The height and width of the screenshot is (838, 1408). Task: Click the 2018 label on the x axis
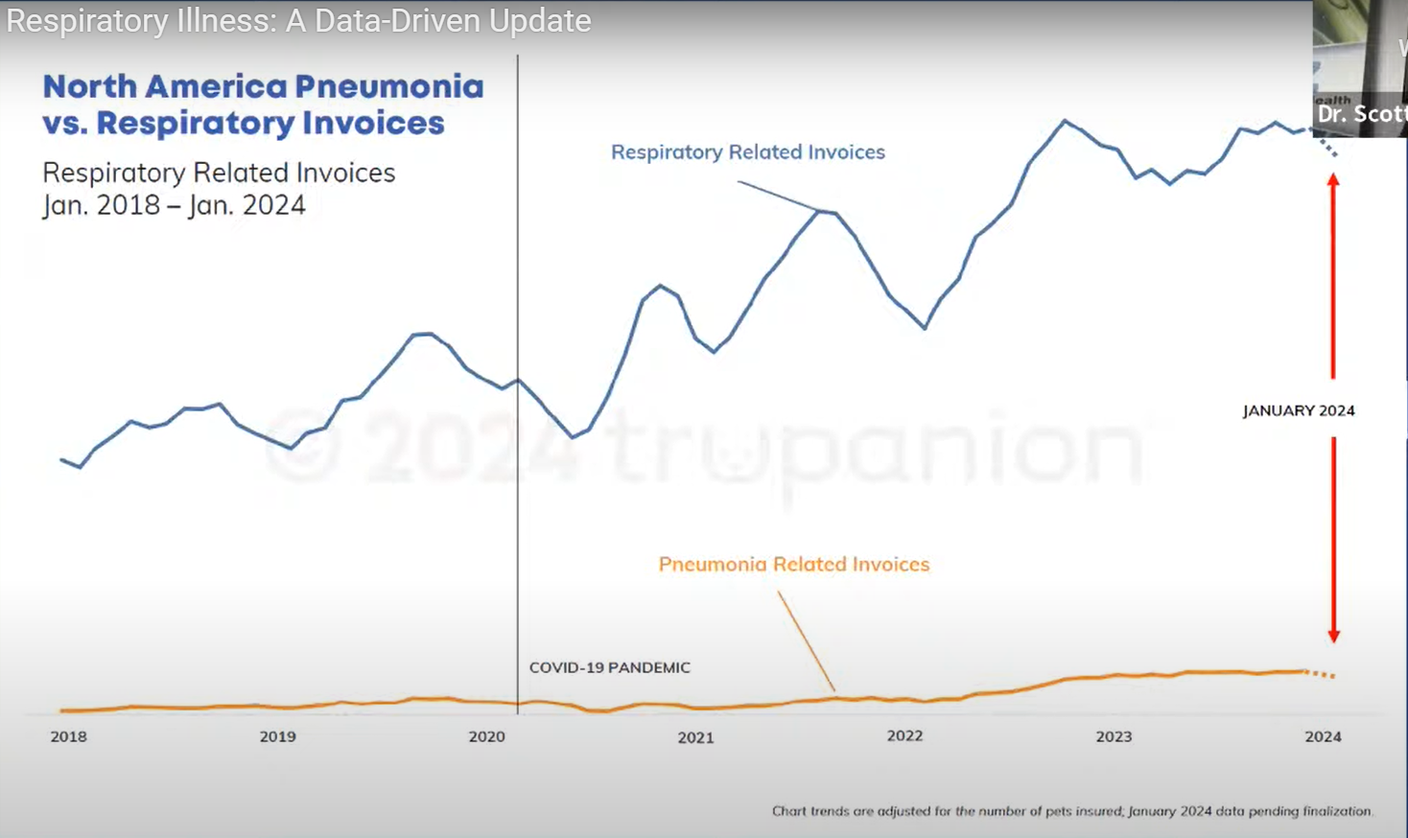[x=68, y=736]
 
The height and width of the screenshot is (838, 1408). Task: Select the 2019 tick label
[x=277, y=736]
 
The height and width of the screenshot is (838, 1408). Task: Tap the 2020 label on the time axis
[x=486, y=736]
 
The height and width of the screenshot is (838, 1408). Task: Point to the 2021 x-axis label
[x=695, y=737]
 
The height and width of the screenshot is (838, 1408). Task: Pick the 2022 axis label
[x=904, y=735]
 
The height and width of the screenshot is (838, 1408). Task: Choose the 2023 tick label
[x=1114, y=736]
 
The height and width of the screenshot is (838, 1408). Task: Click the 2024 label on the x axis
[x=1323, y=736]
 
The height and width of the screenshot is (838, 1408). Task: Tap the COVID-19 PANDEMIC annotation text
[x=609, y=667]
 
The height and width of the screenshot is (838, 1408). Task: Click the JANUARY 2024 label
[x=1299, y=410]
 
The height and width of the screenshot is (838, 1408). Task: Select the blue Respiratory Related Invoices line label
[x=747, y=152]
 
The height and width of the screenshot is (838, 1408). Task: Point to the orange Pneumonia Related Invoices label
[x=793, y=565]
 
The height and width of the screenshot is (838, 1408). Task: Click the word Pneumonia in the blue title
[x=388, y=86]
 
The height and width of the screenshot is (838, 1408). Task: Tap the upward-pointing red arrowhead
[x=1333, y=180]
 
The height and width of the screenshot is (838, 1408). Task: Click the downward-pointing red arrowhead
[x=1333, y=635]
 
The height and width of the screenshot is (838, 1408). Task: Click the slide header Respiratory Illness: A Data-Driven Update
[x=298, y=21]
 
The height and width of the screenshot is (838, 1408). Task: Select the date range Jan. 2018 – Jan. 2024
[x=174, y=205]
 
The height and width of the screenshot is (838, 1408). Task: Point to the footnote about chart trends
[x=1072, y=811]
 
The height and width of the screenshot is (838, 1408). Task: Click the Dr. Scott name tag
[x=1360, y=114]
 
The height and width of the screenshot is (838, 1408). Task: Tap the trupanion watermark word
[x=873, y=449]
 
